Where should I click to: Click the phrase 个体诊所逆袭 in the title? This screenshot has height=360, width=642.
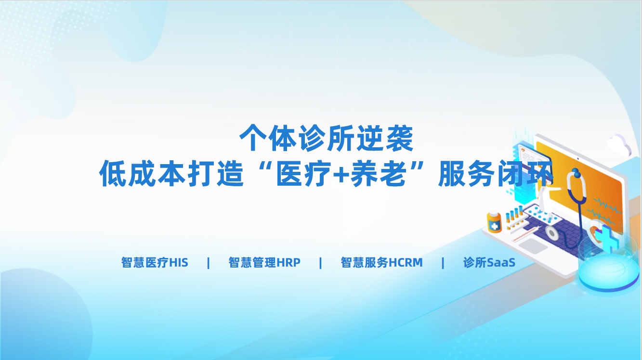(x=326, y=138)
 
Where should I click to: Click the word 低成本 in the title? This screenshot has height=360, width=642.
(x=142, y=174)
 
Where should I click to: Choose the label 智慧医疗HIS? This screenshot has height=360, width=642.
(x=155, y=262)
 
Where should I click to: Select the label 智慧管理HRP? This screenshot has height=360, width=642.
(x=264, y=262)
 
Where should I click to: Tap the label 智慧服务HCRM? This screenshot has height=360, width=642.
(x=381, y=262)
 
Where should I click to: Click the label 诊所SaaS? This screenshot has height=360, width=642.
(x=489, y=262)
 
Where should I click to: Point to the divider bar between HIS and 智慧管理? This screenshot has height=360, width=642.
(x=209, y=263)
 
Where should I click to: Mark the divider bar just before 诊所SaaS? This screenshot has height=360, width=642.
(x=443, y=263)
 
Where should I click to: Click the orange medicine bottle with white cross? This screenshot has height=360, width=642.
(x=494, y=222)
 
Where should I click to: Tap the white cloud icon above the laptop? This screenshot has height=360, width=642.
(x=619, y=145)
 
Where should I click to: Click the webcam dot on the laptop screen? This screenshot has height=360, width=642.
(x=578, y=159)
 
